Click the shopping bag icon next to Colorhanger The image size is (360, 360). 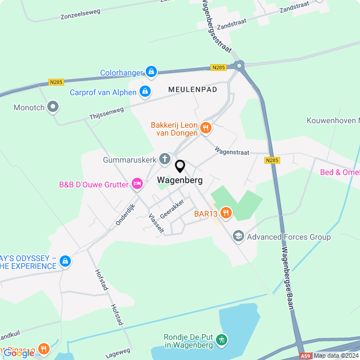(x=151, y=71)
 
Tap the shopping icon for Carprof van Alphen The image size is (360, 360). (x=145, y=91)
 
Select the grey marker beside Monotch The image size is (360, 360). (x=53, y=106)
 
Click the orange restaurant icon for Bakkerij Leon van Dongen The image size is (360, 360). (x=206, y=128)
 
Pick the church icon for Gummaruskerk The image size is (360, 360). (x=165, y=159)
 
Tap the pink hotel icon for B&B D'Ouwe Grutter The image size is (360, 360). (x=137, y=183)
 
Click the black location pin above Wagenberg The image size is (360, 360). (x=180, y=166)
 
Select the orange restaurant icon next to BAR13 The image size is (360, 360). (x=226, y=212)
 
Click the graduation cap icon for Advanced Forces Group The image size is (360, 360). (x=238, y=236)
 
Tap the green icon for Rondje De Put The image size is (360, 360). (x=222, y=340)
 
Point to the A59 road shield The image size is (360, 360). (x=305, y=355)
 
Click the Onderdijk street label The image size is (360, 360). (x=126, y=214)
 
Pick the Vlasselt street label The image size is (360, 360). (x=156, y=223)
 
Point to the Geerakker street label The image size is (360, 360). (x=172, y=209)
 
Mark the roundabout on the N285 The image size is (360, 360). (x=241, y=66)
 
